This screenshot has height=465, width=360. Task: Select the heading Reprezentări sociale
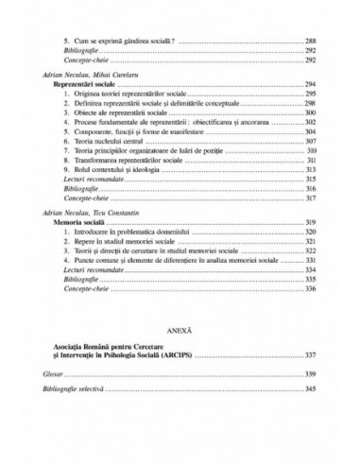[81, 85]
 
